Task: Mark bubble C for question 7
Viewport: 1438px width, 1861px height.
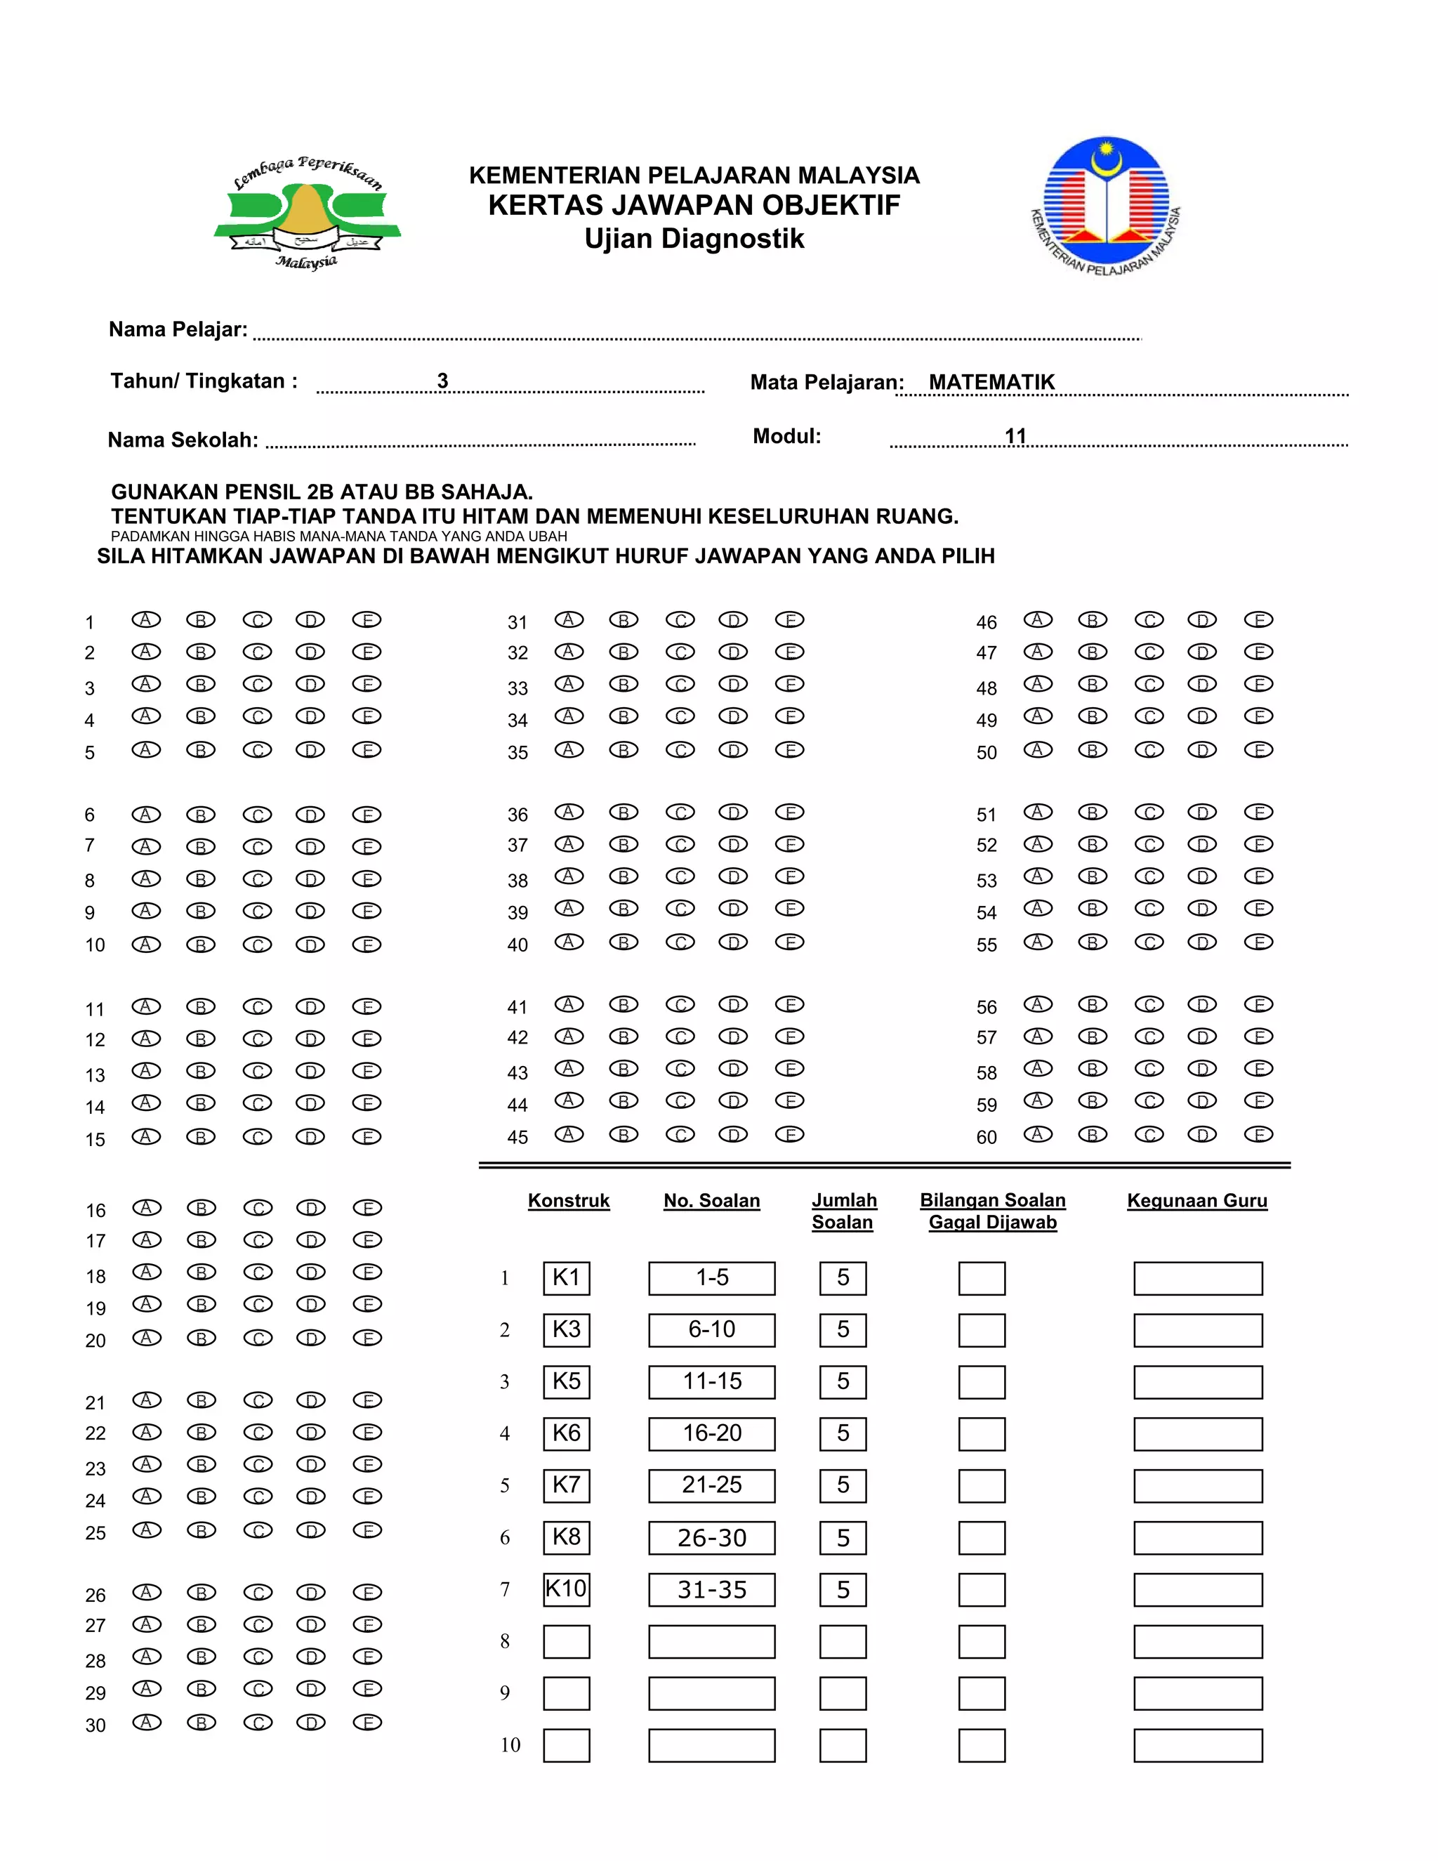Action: tap(256, 847)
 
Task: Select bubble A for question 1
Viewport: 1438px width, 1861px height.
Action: tap(145, 619)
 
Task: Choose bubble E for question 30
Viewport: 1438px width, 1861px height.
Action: tap(367, 1722)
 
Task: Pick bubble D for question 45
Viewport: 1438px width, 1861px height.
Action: tap(732, 1134)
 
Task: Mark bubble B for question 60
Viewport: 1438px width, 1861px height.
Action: tap(1092, 1134)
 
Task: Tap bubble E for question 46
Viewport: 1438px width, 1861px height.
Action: tap(1258, 619)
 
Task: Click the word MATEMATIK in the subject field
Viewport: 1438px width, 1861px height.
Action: tap(991, 383)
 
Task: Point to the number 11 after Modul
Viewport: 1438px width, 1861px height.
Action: tap(1015, 436)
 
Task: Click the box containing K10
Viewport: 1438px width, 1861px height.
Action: tap(567, 1589)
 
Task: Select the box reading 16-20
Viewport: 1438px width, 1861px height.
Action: tap(711, 1433)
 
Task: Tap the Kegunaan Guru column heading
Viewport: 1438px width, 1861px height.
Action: tap(1197, 1201)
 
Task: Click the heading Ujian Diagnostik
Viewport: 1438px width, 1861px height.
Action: tap(694, 239)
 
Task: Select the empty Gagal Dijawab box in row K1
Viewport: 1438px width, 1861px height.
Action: tap(982, 1278)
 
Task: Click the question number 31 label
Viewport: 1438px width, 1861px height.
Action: tap(517, 623)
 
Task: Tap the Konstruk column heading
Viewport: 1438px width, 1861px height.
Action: tap(568, 1201)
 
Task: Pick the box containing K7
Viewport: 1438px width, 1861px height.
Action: tap(567, 1485)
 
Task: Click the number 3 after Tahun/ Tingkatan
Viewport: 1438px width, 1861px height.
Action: tap(442, 381)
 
